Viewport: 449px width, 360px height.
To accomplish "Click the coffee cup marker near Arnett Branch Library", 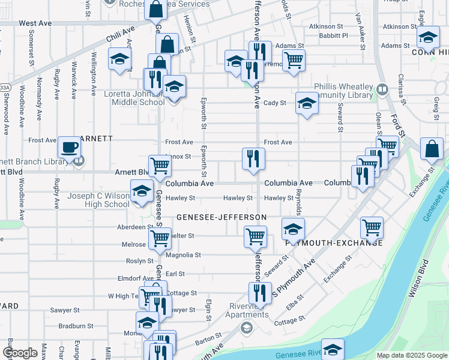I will point(70,147).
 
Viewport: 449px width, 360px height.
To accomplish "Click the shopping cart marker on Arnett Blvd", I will point(159,164).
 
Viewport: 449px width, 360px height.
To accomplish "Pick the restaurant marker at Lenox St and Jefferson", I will point(253,158).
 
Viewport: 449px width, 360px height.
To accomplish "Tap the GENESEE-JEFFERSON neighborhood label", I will point(221,216).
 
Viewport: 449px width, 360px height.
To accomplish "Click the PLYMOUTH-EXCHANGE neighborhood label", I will point(333,242).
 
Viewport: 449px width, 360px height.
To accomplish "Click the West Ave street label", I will point(35,23).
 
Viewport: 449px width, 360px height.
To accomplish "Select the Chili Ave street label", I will point(121,34).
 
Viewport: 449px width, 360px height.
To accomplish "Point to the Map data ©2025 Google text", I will point(411,355).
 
